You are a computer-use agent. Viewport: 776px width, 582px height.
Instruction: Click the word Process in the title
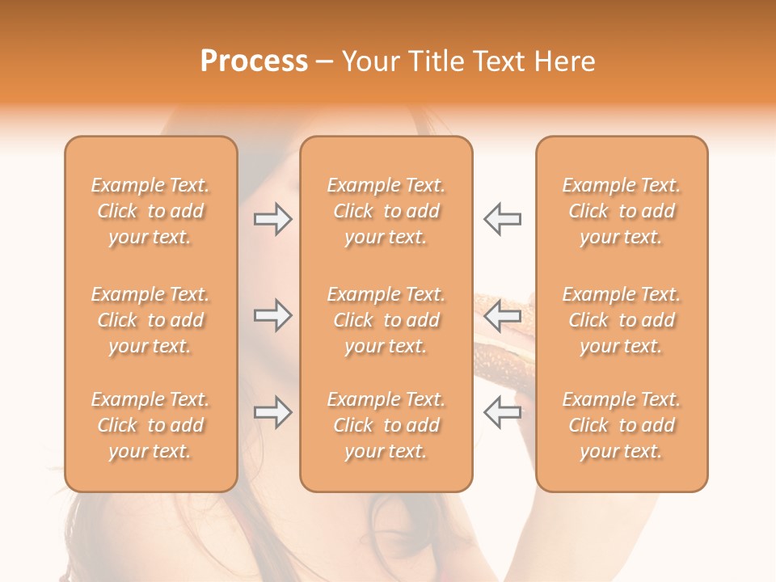tap(254, 61)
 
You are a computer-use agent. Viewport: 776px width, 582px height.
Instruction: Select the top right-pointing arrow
tap(272, 219)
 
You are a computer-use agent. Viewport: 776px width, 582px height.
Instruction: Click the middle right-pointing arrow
tap(272, 315)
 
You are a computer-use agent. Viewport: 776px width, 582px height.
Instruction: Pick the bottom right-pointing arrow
tap(272, 412)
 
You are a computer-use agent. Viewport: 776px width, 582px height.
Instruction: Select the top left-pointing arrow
tap(502, 219)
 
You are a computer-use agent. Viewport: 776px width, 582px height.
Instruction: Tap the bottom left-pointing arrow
tap(502, 412)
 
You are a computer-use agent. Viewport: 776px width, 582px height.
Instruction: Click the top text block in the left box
tap(150, 211)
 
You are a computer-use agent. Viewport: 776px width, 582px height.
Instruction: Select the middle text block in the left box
tap(150, 320)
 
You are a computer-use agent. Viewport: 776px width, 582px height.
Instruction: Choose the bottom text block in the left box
tap(150, 425)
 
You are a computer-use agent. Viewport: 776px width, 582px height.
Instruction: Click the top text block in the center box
tap(386, 211)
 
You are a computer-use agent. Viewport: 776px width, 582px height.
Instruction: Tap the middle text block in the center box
tap(386, 320)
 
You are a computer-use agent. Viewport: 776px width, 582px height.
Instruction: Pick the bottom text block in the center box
tap(386, 425)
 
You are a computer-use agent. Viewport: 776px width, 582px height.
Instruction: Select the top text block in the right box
tap(621, 211)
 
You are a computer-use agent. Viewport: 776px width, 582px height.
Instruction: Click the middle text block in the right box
tap(621, 320)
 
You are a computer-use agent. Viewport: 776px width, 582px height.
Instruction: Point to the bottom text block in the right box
tap(621, 425)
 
